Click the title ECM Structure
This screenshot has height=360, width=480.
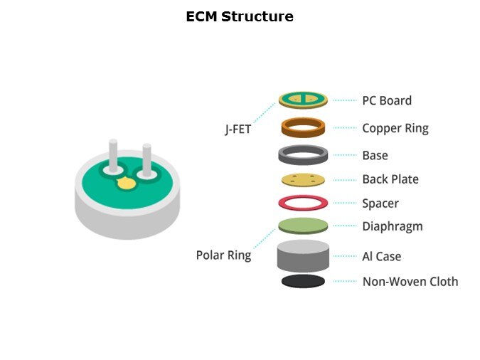coord(240,16)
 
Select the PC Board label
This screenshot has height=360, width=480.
coord(386,100)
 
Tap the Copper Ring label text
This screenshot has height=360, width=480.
coord(395,129)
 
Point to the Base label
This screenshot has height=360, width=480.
coord(375,155)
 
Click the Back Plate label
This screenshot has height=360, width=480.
coord(390,179)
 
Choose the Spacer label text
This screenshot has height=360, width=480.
coord(380,203)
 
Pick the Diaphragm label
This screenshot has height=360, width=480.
coord(392,226)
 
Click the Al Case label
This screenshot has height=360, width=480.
coord(382,256)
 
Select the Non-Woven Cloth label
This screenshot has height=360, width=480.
coord(410,281)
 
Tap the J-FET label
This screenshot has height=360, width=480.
coord(238,130)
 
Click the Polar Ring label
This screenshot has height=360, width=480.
coord(223,255)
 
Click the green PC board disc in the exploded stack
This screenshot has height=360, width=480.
coord(303,100)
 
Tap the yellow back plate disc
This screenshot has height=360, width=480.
coord(303,179)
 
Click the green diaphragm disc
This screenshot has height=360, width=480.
coord(303,226)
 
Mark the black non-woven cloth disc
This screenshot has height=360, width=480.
coord(303,281)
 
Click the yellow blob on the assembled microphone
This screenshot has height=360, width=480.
coord(126,184)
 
